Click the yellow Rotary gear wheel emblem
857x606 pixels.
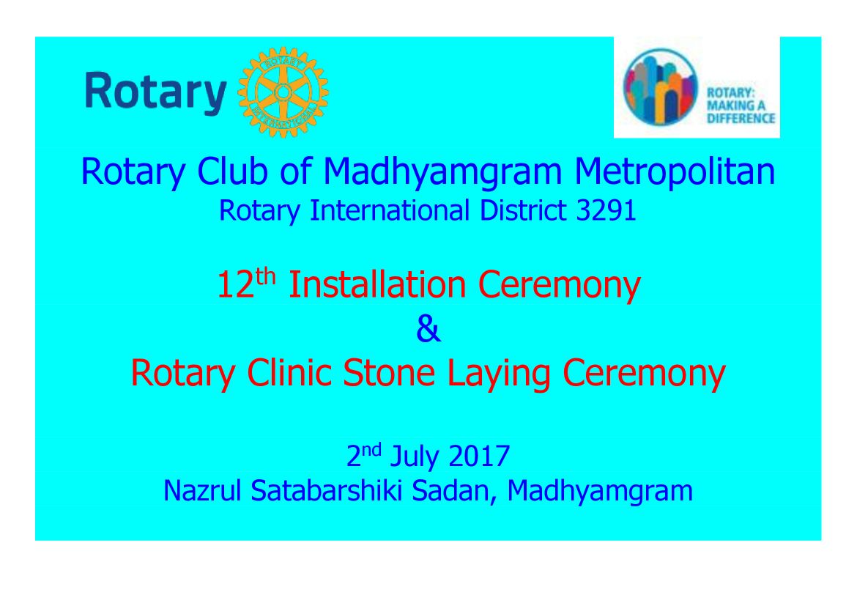tap(283, 92)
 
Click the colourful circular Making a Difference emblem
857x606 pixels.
tap(661, 87)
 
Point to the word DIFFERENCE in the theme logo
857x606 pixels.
tap(741, 118)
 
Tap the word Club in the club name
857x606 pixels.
tap(232, 171)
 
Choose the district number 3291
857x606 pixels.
tap(606, 210)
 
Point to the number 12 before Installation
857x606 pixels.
tap(236, 285)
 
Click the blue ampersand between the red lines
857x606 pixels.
tap(428, 329)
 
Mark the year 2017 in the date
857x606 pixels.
tap(479, 456)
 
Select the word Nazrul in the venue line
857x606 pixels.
tap(202, 491)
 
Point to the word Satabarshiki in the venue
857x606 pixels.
tap(326, 491)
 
